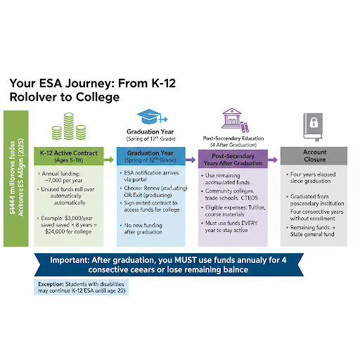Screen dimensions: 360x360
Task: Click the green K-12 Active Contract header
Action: click(x=67, y=155)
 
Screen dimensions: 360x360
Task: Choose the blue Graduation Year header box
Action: click(x=155, y=155)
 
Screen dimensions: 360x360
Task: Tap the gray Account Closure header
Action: click(x=314, y=155)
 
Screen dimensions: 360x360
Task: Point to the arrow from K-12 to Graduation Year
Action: click(x=110, y=160)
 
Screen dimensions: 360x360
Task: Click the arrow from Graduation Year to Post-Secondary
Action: click(x=191, y=160)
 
